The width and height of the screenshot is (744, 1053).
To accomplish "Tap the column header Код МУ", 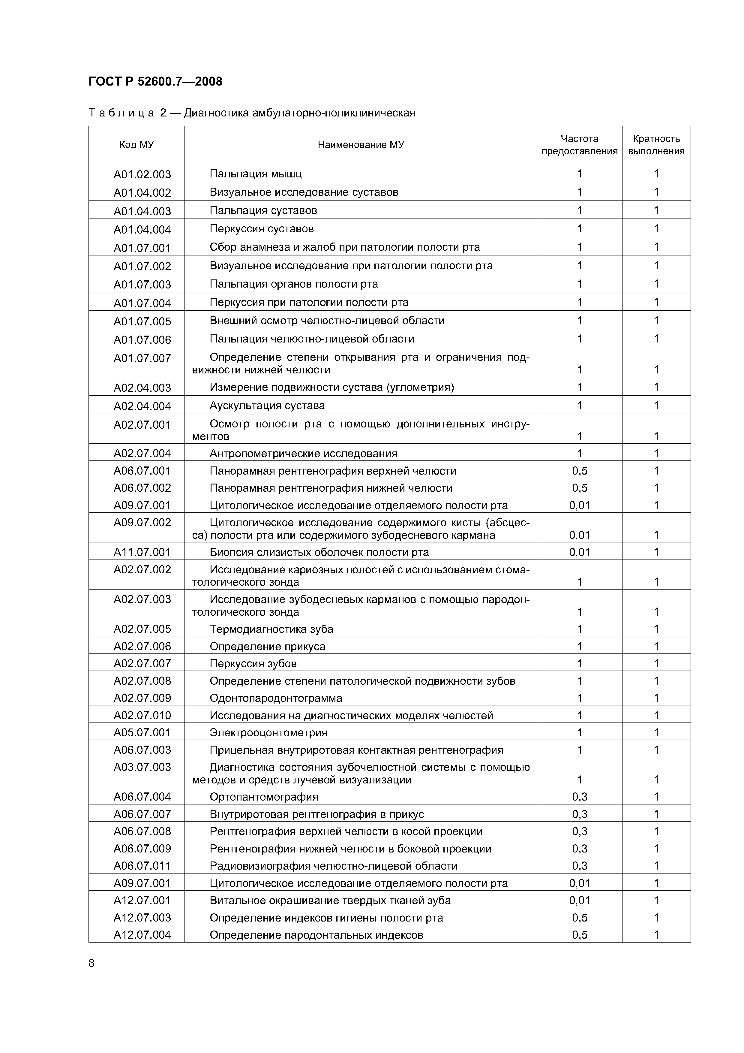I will tap(136, 145).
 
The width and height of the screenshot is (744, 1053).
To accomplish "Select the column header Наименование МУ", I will tap(361, 145).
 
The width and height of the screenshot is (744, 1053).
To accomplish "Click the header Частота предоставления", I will tap(579, 145).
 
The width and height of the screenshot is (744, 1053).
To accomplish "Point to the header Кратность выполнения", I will tap(656, 145).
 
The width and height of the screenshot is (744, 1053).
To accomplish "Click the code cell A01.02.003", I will tap(142, 174).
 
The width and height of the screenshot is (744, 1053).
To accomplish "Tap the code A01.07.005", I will tap(142, 321).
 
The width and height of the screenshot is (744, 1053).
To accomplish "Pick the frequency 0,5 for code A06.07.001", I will tap(579, 471).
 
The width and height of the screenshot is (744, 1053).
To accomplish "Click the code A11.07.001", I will tap(142, 552).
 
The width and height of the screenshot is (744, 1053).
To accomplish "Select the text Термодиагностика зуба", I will tap(271, 629).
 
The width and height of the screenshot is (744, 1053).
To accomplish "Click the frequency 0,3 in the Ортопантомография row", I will tap(579, 797).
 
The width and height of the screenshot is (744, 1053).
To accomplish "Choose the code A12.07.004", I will tap(142, 935).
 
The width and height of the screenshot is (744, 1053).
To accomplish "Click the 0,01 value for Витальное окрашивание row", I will tap(579, 900).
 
